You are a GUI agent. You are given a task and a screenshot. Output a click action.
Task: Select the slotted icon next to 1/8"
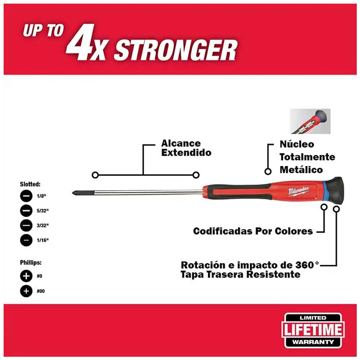click(x=26, y=197)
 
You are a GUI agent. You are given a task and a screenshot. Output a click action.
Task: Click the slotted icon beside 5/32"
click(x=26, y=211)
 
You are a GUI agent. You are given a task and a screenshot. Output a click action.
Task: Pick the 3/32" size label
click(x=42, y=226)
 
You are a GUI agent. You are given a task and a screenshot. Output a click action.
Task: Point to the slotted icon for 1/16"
click(x=26, y=240)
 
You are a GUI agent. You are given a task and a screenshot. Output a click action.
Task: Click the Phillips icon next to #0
click(x=26, y=276)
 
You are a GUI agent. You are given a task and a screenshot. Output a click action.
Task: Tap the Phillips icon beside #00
click(x=26, y=291)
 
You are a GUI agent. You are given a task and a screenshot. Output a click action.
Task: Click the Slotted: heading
click(x=30, y=184)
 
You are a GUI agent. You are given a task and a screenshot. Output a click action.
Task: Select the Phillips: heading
click(x=31, y=263)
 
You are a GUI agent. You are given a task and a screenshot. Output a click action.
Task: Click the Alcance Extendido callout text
click(x=186, y=148)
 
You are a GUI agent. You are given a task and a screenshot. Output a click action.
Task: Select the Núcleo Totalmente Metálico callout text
click(x=307, y=157)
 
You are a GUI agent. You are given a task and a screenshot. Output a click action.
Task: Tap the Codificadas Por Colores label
click(x=253, y=231)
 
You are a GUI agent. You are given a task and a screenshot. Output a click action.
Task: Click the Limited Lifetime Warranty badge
click(x=312, y=330)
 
